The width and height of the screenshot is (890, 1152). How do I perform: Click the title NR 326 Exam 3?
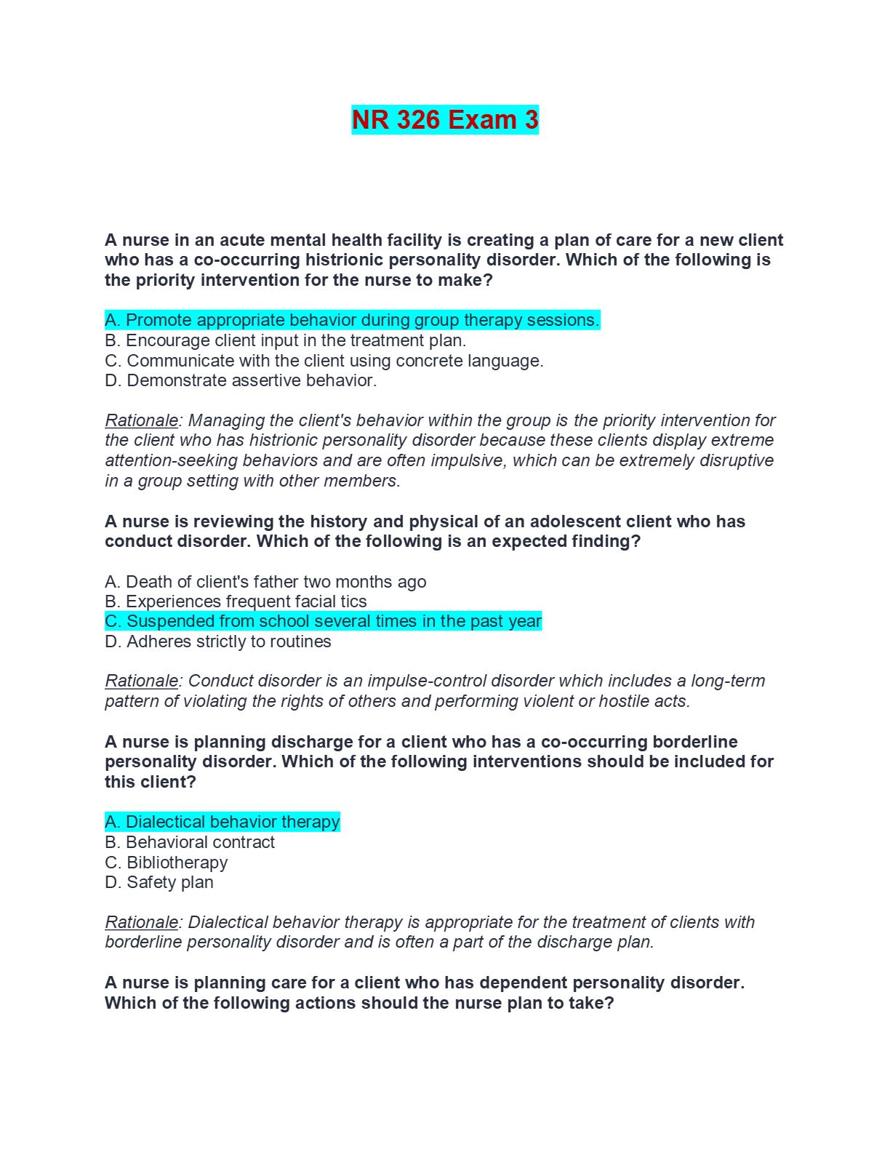pos(445,120)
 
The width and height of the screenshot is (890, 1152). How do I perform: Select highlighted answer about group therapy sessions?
pos(353,320)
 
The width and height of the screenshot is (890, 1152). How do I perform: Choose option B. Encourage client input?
pos(285,340)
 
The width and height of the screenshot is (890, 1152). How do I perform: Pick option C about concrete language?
pos(324,361)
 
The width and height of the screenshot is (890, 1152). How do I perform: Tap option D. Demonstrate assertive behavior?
pos(241,380)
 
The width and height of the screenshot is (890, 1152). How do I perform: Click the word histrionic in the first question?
pos(346,260)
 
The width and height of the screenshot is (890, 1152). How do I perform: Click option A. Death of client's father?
pos(265,582)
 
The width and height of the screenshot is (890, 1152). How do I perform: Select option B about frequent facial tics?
pos(236,601)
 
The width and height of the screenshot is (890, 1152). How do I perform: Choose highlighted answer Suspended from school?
pos(324,621)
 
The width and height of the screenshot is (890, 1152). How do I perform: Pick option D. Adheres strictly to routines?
pos(218,641)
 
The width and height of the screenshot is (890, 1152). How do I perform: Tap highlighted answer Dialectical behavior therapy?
pos(222,822)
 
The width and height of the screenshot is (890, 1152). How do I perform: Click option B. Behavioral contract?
pos(190,842)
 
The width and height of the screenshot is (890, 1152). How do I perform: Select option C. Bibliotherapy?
pos(167,863)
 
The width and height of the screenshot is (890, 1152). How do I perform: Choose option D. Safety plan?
pos(159,882)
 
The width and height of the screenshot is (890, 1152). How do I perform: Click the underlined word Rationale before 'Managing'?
pos(142,420)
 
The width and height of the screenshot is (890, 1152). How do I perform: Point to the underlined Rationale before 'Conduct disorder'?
pos(142,681)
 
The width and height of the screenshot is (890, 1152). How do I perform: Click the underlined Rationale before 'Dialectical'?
pos(142,922)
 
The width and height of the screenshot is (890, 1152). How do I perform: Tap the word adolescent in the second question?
pos(574,521)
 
